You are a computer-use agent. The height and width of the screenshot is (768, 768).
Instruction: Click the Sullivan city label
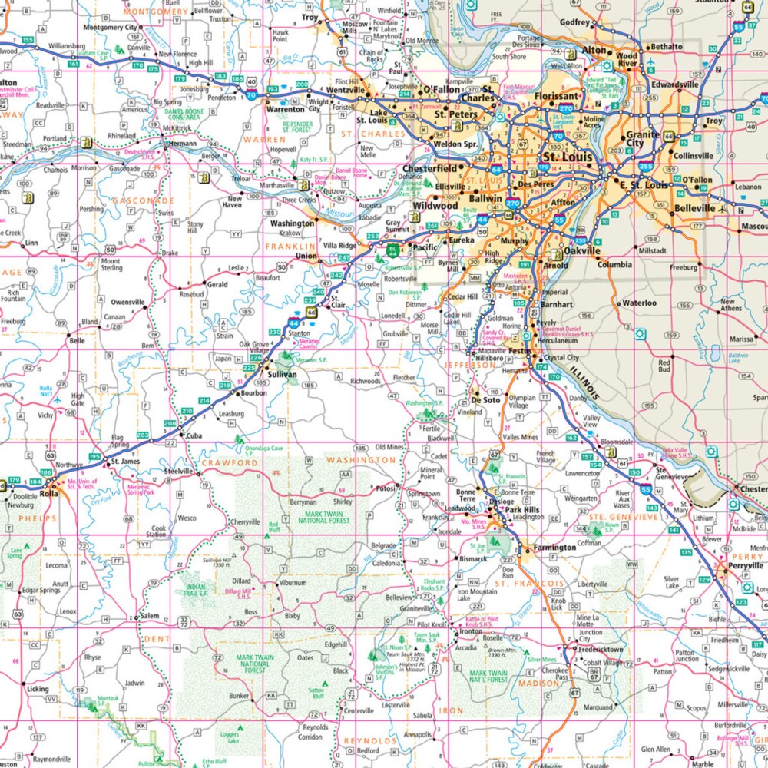[x=282, y=374]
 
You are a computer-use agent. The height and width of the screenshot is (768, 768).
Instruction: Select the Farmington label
[x=551, y=548]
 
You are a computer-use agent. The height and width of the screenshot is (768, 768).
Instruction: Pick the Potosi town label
[x=385, y=488]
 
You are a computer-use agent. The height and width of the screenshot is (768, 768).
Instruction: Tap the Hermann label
[x=184, y=143]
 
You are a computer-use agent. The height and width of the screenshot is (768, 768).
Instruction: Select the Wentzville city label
[x=346, y=90]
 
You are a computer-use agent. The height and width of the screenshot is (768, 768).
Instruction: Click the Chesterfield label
[x=430, y=168]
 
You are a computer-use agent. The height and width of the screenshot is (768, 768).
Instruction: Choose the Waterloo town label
[x=640, y=303]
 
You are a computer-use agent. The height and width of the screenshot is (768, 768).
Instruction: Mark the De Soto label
[x=485, y=400]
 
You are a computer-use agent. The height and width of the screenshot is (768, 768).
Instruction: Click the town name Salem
[x=149, y=617]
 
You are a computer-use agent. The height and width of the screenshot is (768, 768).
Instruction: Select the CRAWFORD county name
[x=230, y=463]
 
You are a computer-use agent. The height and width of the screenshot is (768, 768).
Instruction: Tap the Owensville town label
[x=127, y=303]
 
